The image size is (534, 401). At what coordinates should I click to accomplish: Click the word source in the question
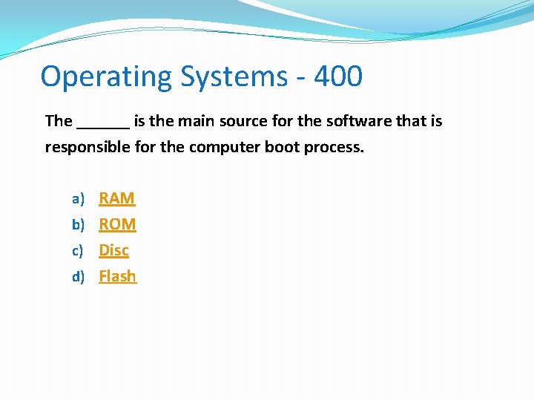point(242,121)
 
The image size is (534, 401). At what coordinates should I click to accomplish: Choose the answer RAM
point(117,198)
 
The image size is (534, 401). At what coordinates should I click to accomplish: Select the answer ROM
point(117,224)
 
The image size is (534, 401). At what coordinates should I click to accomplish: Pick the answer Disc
point(113,250)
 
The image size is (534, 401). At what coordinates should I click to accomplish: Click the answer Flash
point(117,276)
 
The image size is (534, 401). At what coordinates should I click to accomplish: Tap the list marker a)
point(78,199)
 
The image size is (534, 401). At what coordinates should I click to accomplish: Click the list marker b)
point(78,225)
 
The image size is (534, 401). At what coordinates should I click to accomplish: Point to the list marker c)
point(78,251)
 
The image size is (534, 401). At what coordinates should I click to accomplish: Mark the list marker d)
point(78,277)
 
